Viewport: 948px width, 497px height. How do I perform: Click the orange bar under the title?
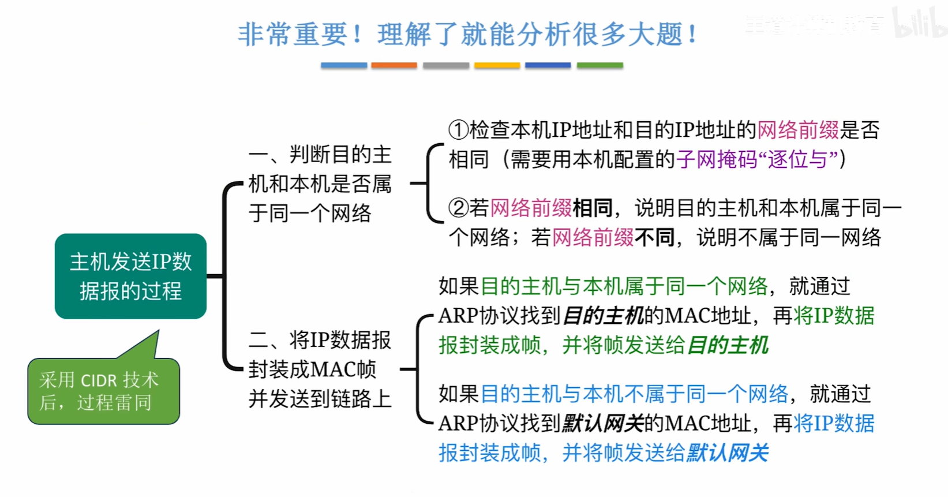pos(394,66)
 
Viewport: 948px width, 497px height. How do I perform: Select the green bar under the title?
pos(599,66)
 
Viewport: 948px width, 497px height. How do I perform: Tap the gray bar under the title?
pos(445,66)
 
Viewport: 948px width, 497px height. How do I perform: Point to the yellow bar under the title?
pos(497,66)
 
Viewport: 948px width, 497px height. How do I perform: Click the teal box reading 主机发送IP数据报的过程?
pos(131,276)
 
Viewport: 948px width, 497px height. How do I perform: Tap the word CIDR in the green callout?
pos(99,380)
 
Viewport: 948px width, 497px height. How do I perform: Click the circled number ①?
pos(459,130)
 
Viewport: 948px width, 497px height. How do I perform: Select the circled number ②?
pos(459,208)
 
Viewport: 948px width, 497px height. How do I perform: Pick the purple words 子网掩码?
pos(717,159)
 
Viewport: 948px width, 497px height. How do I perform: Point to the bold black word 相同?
pos(593,208)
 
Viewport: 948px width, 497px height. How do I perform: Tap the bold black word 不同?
pos(654,237)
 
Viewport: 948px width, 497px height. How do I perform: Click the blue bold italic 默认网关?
pos(728,453)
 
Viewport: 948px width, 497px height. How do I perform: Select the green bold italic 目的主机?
pos(728,345)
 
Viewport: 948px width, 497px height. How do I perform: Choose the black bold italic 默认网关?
pos(602,424)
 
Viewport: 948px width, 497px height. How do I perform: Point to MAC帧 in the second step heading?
pos(344,369)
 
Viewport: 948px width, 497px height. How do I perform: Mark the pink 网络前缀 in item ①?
pos(798,130)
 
